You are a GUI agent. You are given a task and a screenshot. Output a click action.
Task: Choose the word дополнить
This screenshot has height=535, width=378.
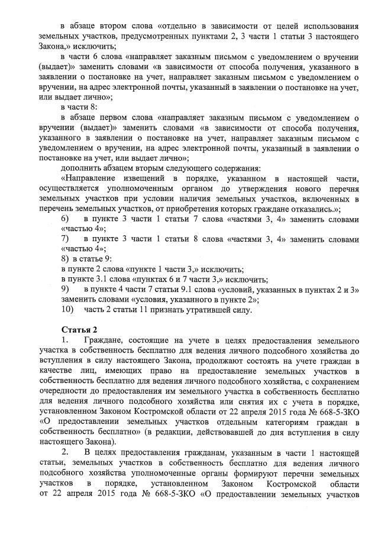coord(81,167)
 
